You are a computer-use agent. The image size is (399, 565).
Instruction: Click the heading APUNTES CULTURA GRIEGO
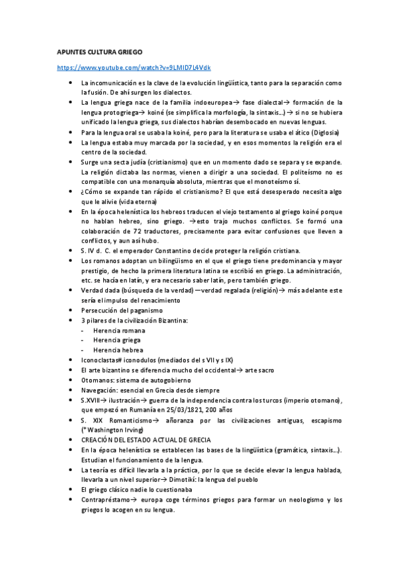coord(99,51)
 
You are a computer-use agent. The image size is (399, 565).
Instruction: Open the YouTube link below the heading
coord(134,68)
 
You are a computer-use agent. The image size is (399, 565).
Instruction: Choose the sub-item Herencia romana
coord(119,330)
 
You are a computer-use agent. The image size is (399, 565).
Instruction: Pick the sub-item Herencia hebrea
coord(118,350)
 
